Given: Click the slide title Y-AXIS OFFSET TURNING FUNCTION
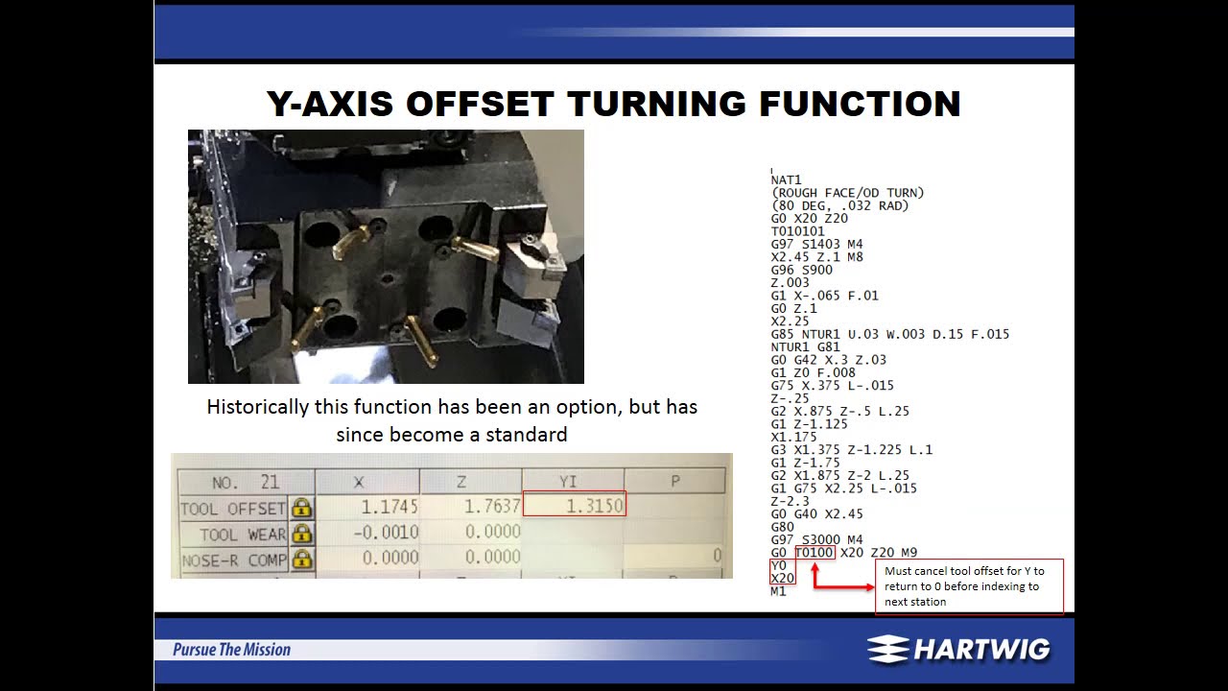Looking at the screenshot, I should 614,104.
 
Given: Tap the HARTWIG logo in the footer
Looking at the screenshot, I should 958,650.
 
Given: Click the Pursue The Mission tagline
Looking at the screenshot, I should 231,650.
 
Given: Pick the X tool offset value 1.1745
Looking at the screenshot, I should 390,506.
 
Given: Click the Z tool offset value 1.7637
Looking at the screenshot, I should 491,506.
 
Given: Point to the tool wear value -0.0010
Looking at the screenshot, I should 386,533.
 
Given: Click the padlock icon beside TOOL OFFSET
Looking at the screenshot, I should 301,508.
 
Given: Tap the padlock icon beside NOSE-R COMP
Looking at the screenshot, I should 301,559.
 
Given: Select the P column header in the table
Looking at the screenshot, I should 674,481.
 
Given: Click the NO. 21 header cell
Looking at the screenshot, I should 245,482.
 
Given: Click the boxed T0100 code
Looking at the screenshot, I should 815,553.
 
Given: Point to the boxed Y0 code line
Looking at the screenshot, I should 778,565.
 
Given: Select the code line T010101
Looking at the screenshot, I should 797,231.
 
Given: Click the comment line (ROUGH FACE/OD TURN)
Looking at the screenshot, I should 847,193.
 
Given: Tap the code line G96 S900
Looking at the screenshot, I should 801,270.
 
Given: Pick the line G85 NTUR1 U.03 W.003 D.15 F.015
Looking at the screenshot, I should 889,334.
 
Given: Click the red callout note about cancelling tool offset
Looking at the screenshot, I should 968,585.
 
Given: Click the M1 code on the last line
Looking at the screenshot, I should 778,591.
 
